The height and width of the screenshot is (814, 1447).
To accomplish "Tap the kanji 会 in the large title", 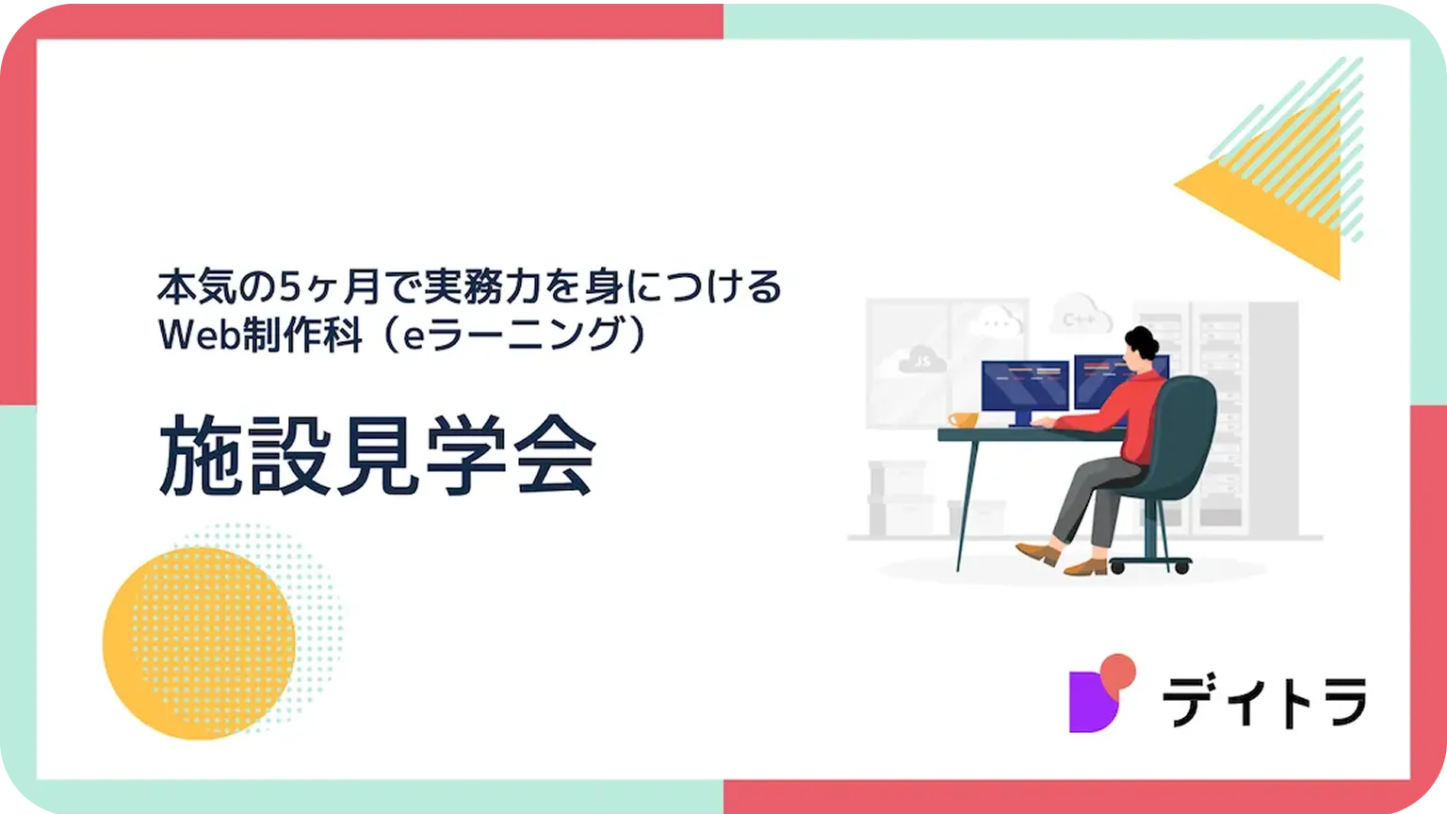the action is click(554, 455).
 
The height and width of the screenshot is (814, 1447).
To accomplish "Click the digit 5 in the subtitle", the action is click(291, 286).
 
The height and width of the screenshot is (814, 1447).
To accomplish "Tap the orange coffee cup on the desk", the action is click(963, 420).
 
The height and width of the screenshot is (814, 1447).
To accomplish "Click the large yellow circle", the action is click(199, 643).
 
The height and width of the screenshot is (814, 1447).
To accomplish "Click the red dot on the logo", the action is click(1118, 673).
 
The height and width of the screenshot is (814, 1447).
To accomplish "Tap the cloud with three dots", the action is click(999, 320).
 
